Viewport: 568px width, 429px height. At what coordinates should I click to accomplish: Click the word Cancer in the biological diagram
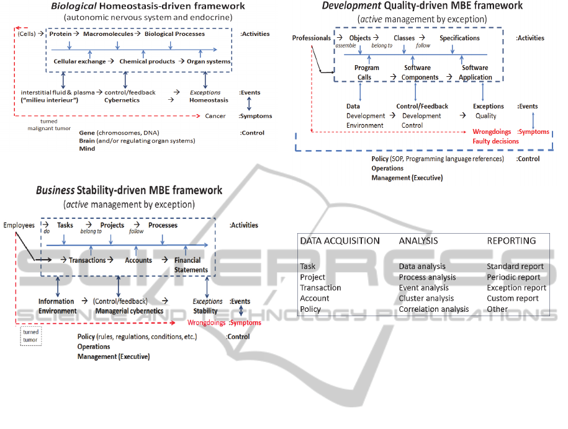(215, 116)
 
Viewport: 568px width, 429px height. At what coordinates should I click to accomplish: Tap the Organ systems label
(209, 61)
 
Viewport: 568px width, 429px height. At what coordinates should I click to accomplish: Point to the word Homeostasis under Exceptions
(209, 100)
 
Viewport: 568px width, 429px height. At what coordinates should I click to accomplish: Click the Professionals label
(312, 38)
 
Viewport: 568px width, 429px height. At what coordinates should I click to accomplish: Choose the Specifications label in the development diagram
(459, 38)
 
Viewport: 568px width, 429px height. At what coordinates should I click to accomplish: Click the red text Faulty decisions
(495, 141)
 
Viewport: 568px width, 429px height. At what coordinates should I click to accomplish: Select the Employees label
(19, 225)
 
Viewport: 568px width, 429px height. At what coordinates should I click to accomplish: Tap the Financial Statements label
(191, 265)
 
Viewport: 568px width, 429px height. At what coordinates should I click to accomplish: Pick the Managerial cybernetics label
(129, 311)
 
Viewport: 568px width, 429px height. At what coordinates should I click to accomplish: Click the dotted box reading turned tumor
(30, 335)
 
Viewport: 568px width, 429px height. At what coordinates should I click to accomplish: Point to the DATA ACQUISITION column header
(340, 241)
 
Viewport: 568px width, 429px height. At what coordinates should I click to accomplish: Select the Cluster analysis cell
(426, 298)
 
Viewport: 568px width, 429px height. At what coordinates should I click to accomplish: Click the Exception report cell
(516, 288)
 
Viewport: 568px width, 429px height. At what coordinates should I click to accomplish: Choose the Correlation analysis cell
(433, 309)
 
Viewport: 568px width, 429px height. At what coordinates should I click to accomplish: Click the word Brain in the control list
(87, 141)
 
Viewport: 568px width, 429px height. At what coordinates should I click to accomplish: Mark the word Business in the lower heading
(55, 190)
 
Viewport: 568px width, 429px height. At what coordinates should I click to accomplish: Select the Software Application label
(475, 73)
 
